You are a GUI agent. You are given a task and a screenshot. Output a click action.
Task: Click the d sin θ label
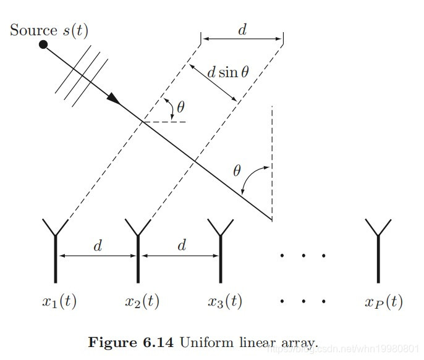[x=227, y=72]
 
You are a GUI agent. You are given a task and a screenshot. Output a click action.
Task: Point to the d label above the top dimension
[x=242, y=29]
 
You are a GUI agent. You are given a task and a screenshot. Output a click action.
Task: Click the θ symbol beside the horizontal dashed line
[x=180, y=107]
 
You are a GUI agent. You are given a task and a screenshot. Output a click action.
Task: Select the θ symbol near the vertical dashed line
[x=236, y=170]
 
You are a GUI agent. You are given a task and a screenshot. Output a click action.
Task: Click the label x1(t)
[x=59, y=302]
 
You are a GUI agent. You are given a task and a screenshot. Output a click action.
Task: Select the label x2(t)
[x=142, y=302]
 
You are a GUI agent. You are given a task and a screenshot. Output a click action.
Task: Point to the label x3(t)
[x=224, y=302]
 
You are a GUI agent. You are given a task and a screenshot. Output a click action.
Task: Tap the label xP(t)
[x=383, y=302]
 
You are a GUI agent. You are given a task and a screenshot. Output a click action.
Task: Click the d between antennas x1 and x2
[x=98, y=246]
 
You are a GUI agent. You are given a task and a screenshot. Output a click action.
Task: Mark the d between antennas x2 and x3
[x=181, y=246]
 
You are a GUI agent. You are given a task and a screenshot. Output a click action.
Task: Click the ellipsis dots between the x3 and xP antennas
[x=303, y=254]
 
